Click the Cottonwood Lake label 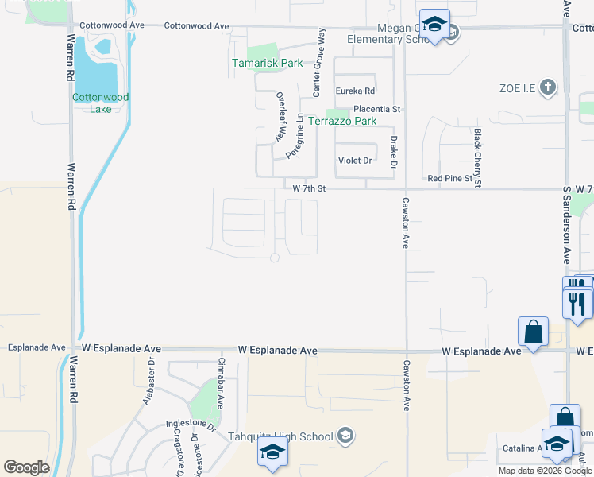pyautogui.click(x=101, y=103)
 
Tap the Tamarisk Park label pyautogui.click(x=268, y=63)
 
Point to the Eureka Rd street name pyautogui.click(x=354, y=91)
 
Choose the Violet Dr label pyautogui.click(x=355, y=161)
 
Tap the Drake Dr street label pyautogui.click(x=393, y=153)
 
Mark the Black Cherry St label pyautogui.click(x=478, y=158)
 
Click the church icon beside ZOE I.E pyautogui.click(x=547, y=87)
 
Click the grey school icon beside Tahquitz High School pyautogui.click(x=345, y=435)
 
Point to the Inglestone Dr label pyautogui.click(x=191, y=426)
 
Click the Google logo pyautogui.click(x=26, y=467)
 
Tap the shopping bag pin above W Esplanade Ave pyautogui.click(x=533, y=332)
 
